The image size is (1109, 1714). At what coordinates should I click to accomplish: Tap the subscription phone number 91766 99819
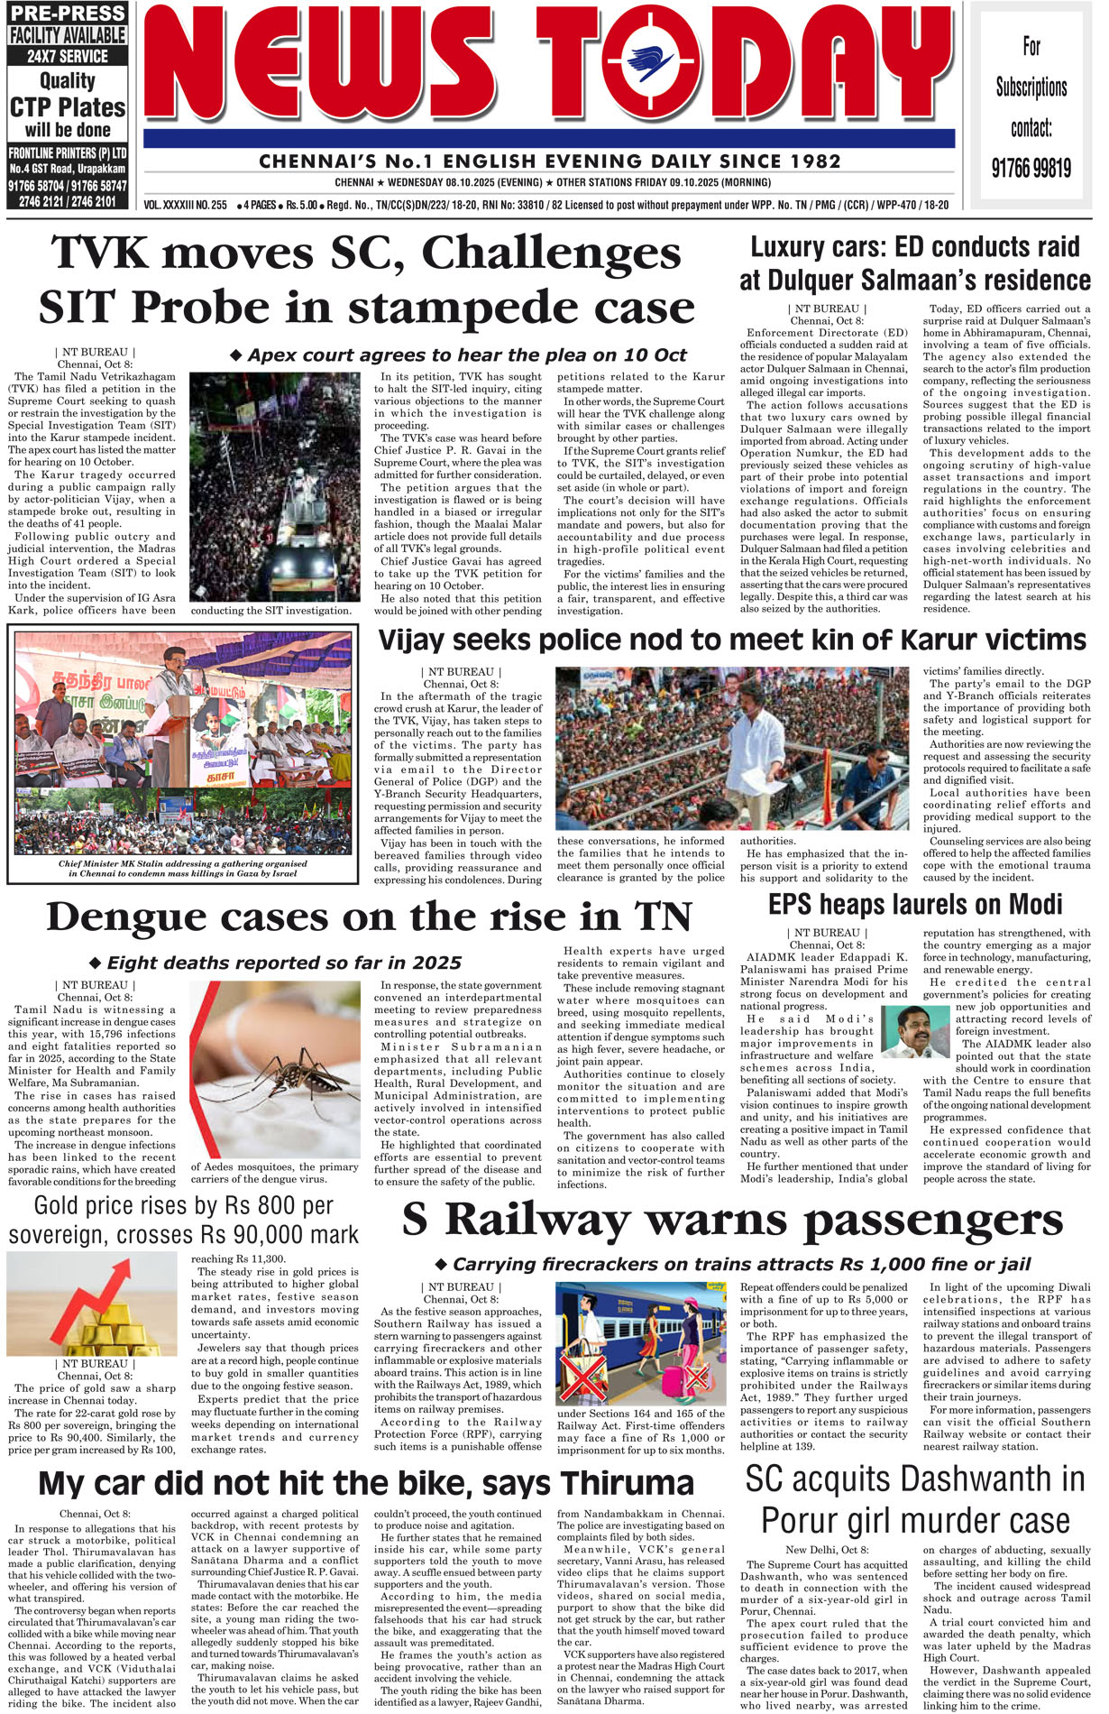tap(1031, 168)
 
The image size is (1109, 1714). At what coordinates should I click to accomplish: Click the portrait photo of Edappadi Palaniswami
tap(915, 1031)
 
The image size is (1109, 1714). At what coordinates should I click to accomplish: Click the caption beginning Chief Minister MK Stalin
tap(183, 868)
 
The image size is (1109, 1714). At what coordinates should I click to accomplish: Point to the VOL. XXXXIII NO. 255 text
tap(186, 205)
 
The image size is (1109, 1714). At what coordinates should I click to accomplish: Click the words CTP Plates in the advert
tap(68, 107)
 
